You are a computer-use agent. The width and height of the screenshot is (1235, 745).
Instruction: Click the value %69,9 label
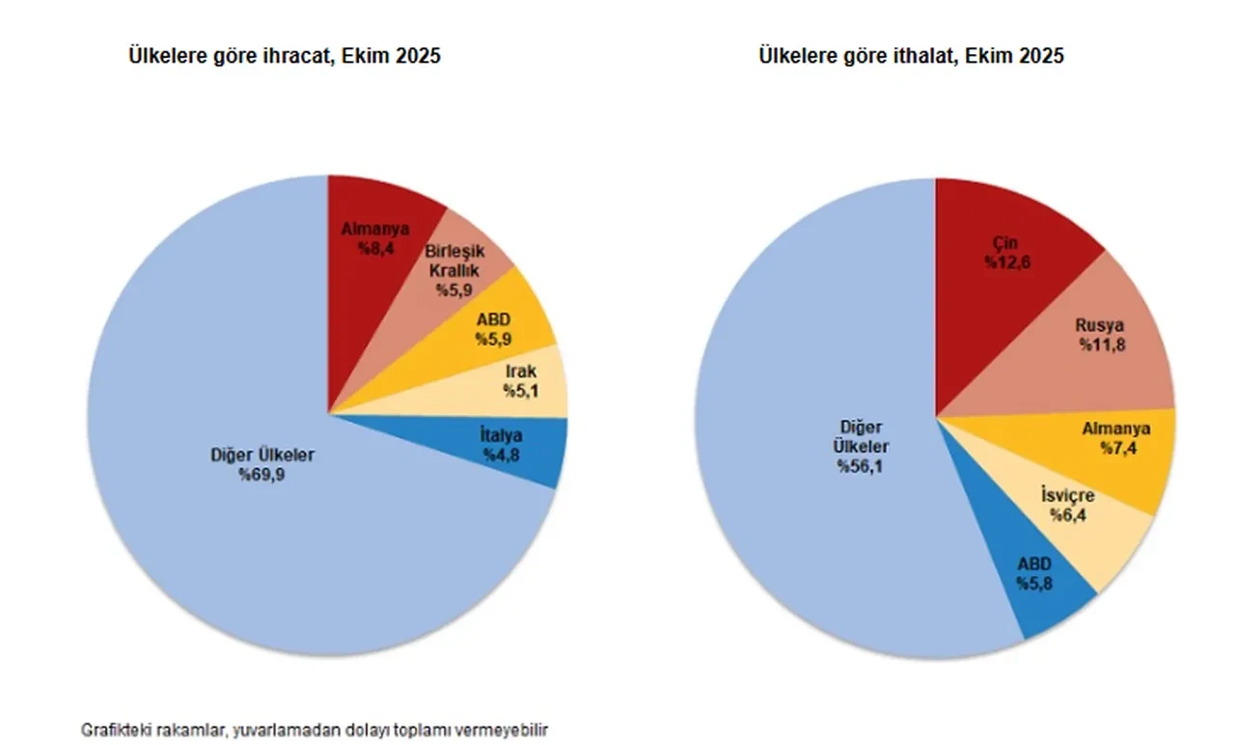pyautogui.click(x=262, y=474)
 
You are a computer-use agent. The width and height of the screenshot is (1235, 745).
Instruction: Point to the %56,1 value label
pyautogui.click(x=863, y=465)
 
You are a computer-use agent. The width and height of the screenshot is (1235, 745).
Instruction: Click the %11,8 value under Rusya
pyautogui.click(x=1100, y=344)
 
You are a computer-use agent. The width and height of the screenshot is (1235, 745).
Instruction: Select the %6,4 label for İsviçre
pyautogui.click(x=1067, y=513)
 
